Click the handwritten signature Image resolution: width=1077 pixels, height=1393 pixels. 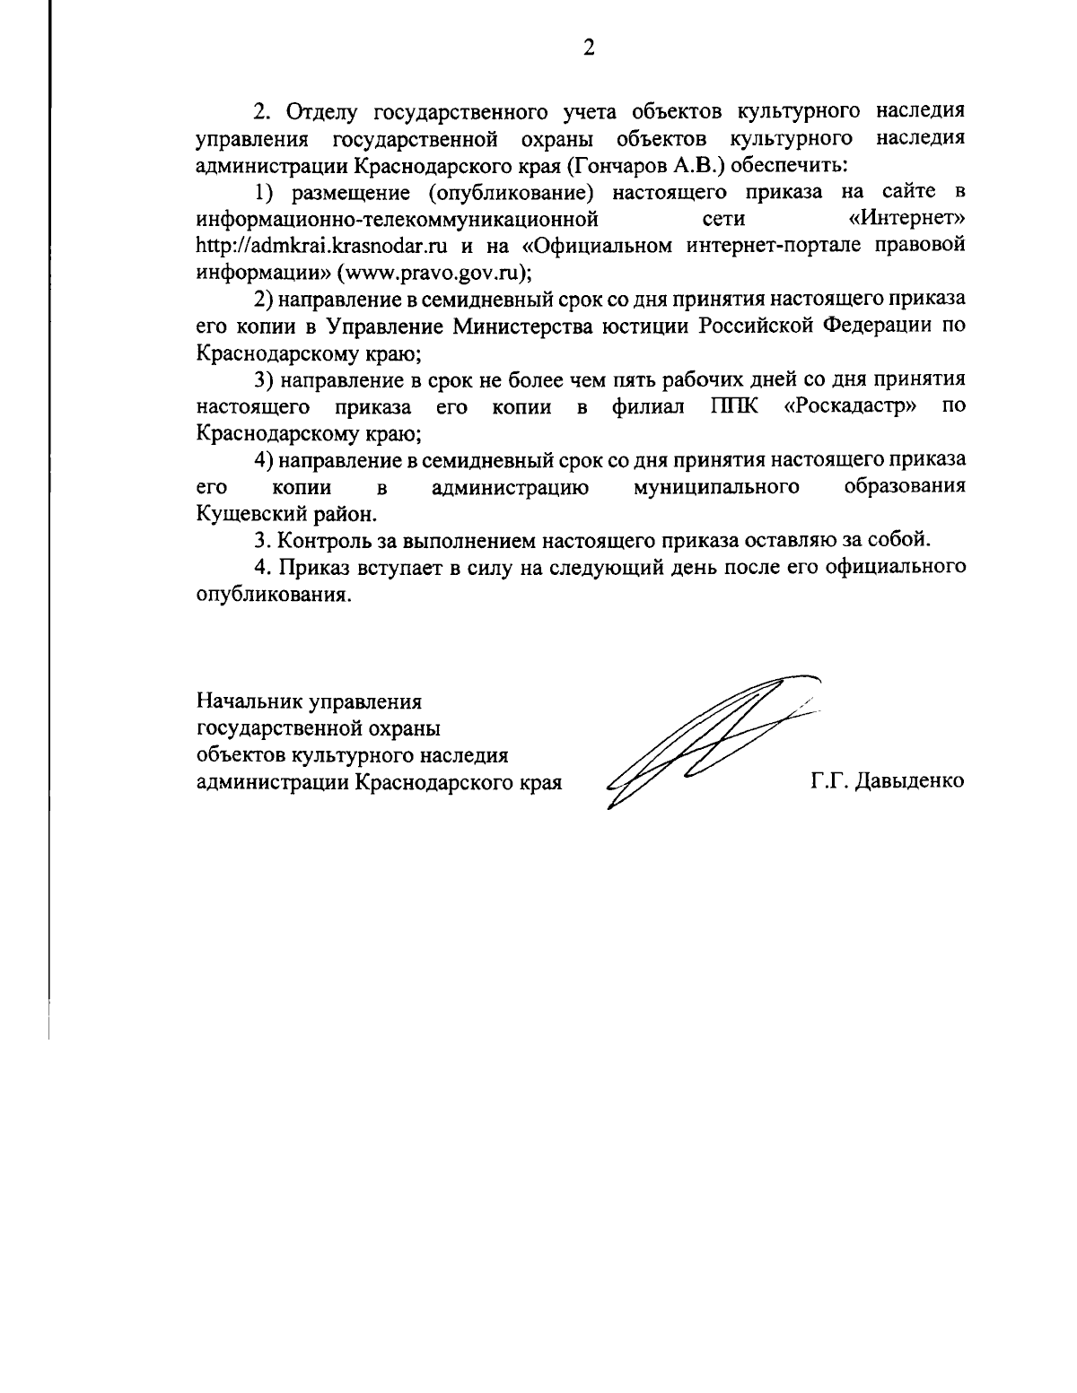point(709,741)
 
